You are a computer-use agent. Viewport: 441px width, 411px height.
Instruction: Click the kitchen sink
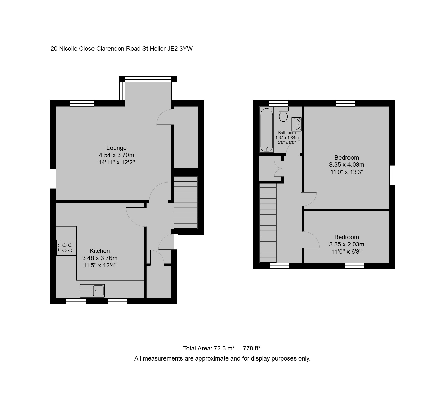[92, 290]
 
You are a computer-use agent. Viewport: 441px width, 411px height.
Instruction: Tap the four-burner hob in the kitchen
[66, 248]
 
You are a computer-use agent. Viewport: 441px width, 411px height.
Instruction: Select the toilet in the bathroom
[283, 114]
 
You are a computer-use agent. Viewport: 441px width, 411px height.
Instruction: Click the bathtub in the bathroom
[267, 130]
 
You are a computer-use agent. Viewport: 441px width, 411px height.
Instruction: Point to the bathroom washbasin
[297, 124]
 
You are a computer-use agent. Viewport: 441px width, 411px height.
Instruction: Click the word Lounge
[117, 148]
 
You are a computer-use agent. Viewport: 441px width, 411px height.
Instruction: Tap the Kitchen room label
[100, 251]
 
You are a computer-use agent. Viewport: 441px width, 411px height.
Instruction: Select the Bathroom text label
[287, 133]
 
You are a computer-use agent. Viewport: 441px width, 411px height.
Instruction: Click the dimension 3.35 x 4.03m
[347, 165]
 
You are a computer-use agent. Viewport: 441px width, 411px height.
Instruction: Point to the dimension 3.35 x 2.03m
[347, 244]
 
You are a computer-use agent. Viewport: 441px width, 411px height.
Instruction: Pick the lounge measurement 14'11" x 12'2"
[117, 162]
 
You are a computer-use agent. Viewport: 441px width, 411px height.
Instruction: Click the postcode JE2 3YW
[180, 49]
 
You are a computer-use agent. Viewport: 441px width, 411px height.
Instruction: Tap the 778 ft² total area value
[252, 348]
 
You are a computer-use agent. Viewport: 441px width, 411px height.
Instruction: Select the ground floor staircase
[186, 202]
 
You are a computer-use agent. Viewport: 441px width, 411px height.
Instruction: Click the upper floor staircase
[268, 223]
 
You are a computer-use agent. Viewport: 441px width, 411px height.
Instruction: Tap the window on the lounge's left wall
[53, 179]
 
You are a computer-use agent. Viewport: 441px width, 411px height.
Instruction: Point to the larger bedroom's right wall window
[392, 175]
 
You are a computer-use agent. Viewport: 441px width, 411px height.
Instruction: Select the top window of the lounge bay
[148, 79]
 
